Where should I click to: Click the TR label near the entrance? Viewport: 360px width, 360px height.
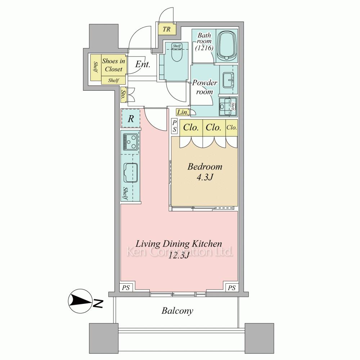coord(167,29)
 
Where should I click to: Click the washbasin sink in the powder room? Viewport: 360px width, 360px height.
coord(228,80)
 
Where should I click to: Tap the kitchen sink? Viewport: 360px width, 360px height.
coord(131,173)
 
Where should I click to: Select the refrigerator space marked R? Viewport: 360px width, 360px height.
coord(131,119)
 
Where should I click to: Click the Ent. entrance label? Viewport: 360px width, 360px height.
coord(143,64)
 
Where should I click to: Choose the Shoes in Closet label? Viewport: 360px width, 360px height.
coord(114,65)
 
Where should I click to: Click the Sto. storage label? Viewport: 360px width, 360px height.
coord(123,94)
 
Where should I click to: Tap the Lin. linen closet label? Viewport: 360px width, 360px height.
coord(183,112)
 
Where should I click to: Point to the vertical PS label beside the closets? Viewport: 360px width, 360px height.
coord(175,126)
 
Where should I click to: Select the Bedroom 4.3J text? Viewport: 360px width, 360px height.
coord(205,171)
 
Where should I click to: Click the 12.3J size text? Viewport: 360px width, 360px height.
coord(179,255)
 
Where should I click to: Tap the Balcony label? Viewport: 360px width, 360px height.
coord(177,311)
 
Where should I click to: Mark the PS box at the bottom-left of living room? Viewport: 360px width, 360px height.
coord(126,287)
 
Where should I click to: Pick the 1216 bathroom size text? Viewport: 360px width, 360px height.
coord(204,48)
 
